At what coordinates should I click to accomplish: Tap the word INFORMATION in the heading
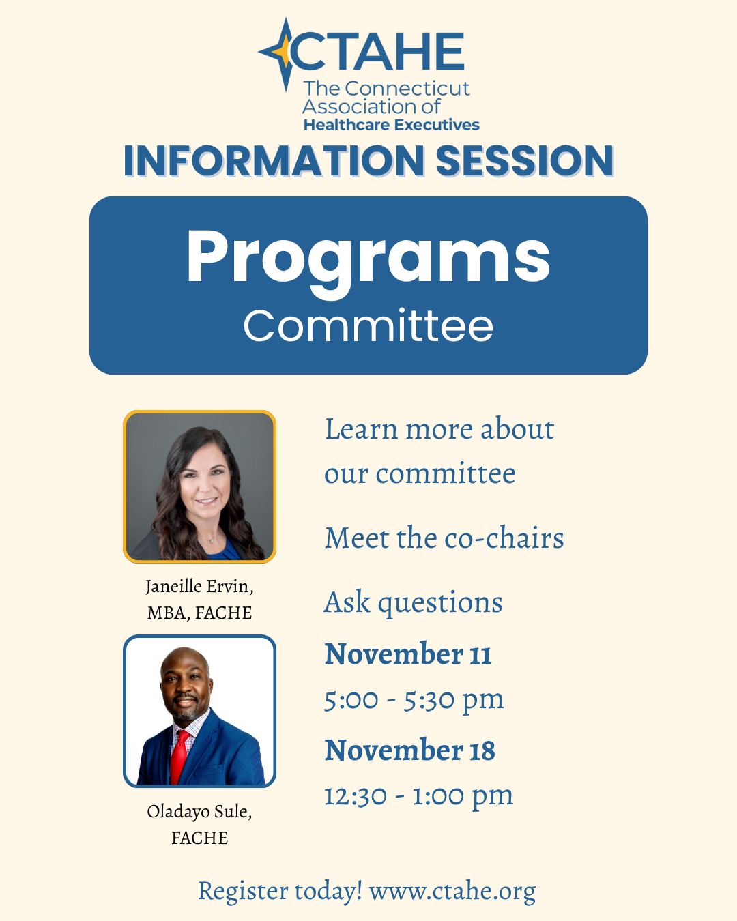point(274,161)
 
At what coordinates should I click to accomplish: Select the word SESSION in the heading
point(525,161)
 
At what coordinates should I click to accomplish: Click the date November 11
point(407,654)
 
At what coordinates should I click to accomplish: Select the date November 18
point(410,750)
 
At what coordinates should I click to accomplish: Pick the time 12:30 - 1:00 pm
point(418,797)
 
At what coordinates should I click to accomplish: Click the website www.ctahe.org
point(452,892)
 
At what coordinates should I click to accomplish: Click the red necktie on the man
point(180,758)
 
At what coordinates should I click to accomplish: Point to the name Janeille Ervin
point(199,587)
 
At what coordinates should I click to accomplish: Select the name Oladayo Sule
point(199,811)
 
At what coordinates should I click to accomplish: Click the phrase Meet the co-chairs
point(444,538)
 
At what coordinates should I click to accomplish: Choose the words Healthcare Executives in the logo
point(392,125)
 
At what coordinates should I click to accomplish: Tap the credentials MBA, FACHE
point(199,613)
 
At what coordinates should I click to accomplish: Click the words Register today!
point(280,892)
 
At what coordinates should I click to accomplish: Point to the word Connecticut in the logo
point(407,89)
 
